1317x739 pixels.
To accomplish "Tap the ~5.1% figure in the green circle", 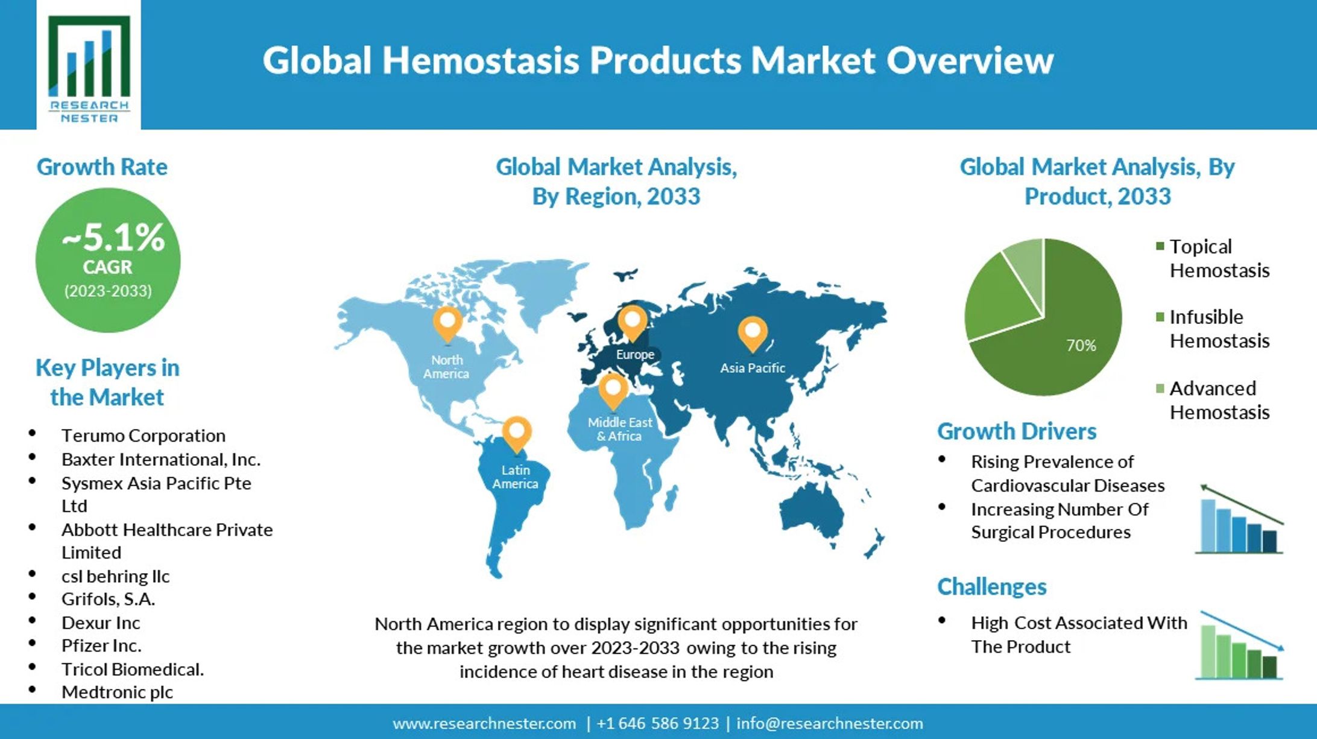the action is [113, 237].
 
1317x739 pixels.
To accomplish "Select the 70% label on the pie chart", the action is [1081, 345].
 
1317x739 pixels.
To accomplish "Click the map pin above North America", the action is [447, 325].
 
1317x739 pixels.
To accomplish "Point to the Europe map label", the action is [634, 354].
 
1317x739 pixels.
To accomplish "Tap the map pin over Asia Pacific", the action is [753, 334].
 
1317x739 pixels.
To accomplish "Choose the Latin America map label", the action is [515, 477].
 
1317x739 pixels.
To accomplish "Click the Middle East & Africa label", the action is [619, 429].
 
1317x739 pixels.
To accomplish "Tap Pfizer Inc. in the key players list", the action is [101, 645].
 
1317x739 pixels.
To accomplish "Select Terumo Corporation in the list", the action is [144, 436].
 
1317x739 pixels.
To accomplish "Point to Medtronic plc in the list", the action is [117, 692].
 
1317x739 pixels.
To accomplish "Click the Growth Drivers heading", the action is [1017, 431].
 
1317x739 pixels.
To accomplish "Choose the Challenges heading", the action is [992, 587].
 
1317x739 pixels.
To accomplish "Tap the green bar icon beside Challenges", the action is [1239, 645].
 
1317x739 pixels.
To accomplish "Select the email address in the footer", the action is [830, 723].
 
